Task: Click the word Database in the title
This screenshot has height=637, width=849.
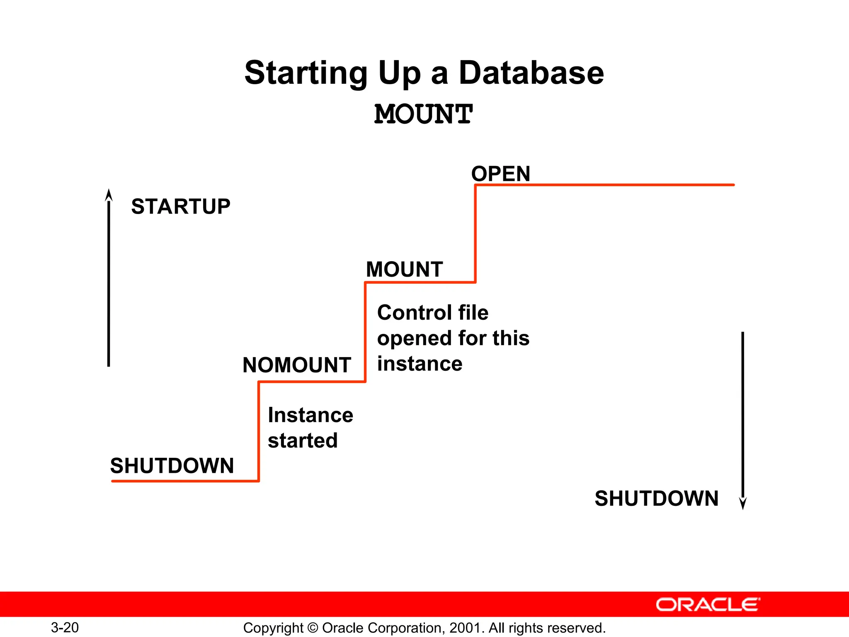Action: coord(531,73)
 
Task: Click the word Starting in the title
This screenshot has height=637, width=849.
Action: coord(306,74)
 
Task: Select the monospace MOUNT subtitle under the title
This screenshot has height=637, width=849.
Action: coord(423,114)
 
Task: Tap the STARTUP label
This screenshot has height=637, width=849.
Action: coord(181,207)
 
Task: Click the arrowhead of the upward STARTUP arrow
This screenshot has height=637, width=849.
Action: coord(109,195)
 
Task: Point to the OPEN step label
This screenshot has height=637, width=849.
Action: coord(501,174)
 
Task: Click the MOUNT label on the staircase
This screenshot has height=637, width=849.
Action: coord(405,270)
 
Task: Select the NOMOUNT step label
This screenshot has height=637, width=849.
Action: coord(297,365)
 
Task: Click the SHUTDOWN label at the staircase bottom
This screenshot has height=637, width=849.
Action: coord(172,466)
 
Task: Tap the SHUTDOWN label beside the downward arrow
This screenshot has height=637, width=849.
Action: coord(657,498)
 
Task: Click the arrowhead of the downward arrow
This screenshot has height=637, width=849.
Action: coord(743,503)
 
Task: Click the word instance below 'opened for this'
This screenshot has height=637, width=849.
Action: coord(420,364)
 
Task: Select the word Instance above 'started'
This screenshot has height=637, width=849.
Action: coord(310,415)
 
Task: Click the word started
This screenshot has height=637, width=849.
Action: coord(303,440)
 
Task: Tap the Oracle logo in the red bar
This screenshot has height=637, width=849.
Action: coord(708,605)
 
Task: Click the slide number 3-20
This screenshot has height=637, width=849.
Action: coord(65,627)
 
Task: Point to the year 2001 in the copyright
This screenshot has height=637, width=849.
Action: coord(466,628)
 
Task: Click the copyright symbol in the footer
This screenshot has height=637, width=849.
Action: coord(313,628)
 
